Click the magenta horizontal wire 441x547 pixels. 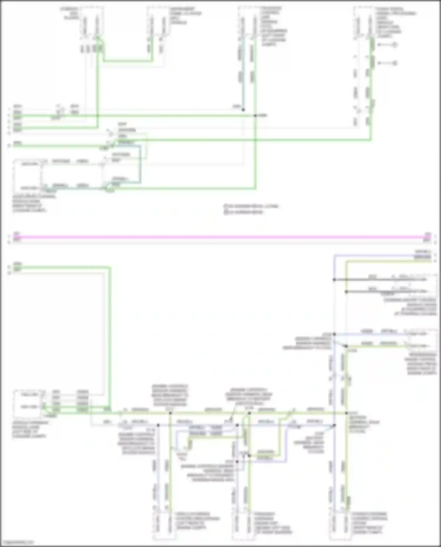point(220,237)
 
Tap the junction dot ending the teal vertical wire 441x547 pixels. point(243,110)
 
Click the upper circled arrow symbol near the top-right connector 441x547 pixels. point(395,45)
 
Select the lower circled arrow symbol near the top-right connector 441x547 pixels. point(395,63)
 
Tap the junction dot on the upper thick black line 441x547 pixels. point(334,280)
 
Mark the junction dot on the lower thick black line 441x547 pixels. point(346,292)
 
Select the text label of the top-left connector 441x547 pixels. point(70,14)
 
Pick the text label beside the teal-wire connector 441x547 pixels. point(273,26)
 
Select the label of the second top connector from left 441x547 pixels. point(185,16)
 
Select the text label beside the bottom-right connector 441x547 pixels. point(369,523)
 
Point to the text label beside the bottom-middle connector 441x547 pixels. point(272,523)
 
